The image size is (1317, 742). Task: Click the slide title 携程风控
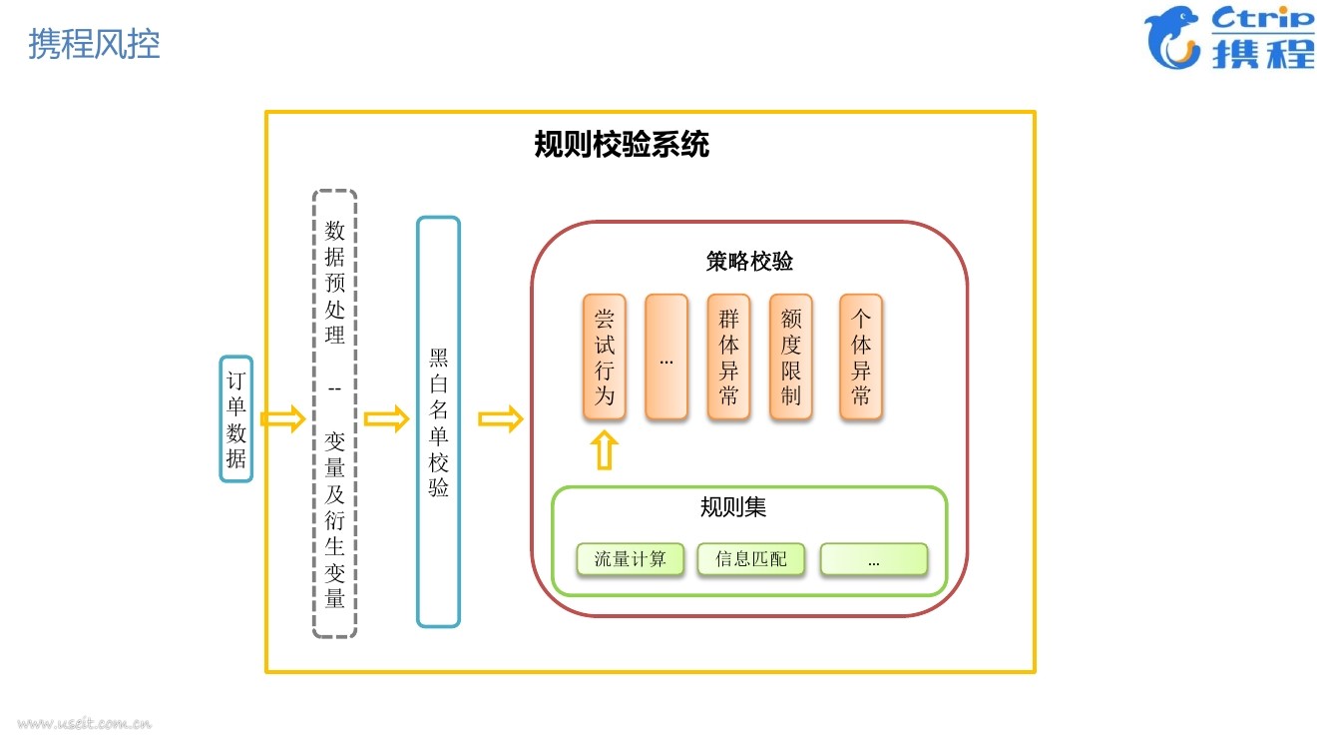click(94, 44)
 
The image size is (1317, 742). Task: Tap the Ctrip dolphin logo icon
click(1173, 39)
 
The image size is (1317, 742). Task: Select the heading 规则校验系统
click(622, 145)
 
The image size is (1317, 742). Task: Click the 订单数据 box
click(236, 419)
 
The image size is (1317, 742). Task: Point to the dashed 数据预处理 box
click(334, 413)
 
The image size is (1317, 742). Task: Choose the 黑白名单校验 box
click(438, 421)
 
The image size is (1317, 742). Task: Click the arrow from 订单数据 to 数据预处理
click(282, 419)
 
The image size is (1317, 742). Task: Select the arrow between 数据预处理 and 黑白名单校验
click(386, 419)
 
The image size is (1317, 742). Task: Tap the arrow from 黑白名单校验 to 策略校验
click(500, 419)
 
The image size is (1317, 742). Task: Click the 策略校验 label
click(749, 262)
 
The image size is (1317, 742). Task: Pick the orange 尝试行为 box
click(605, 357)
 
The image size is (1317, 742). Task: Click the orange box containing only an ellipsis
click(666, 357)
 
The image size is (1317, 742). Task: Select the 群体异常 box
click(728, 357)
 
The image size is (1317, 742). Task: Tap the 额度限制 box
click(791, 357)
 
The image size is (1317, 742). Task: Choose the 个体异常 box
click(861, 357)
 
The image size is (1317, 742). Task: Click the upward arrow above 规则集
click(605, 450)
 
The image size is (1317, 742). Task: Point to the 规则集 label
click(733, 507)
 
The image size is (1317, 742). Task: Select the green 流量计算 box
click(630, 559)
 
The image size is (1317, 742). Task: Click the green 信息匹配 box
click(751, 559)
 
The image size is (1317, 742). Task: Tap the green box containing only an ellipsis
click(874, 559)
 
